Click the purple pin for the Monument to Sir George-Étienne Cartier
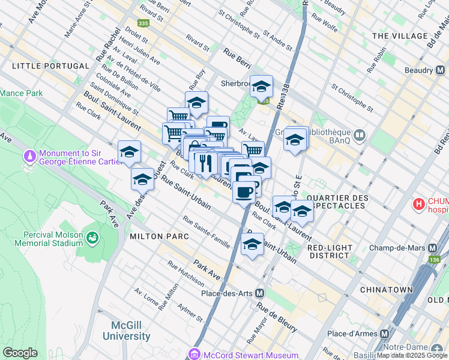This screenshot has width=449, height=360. [x=30, y=157]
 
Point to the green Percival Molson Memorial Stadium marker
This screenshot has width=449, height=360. [x=92, y=238]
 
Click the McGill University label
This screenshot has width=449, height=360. [x=130, y=331]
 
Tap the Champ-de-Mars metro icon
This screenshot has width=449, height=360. [x=432, y=248]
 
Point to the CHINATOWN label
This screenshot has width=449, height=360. [x=386, y=290]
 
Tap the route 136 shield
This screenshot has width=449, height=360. [x=435, y=260]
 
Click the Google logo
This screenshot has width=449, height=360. [x=20, y=353]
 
